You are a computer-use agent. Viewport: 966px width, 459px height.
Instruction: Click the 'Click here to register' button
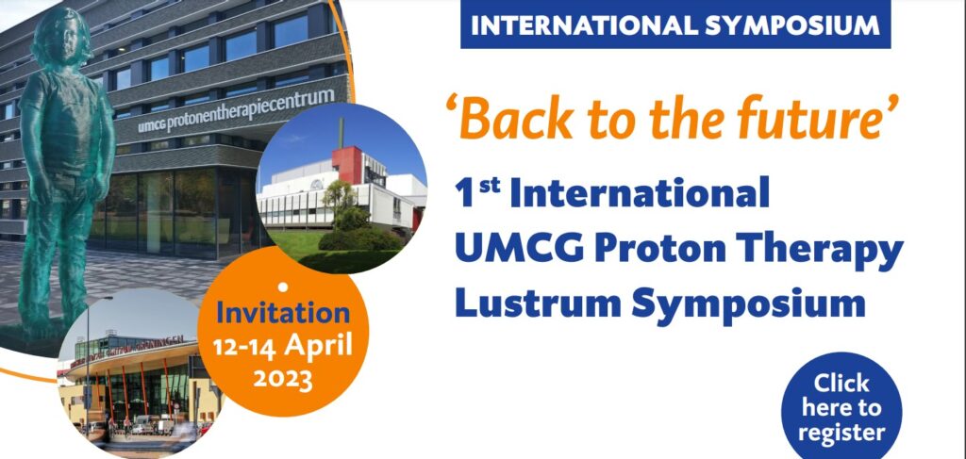[841, 407]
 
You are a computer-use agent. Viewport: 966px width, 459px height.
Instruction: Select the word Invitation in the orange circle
[283, 313]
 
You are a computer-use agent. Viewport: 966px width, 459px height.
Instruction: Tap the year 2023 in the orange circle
[283, 379]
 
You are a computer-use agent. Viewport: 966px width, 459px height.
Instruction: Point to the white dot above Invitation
[283, 287]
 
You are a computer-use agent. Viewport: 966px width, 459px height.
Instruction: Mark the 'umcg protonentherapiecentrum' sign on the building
[237, 111]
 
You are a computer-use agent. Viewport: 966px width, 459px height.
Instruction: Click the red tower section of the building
[347, 165]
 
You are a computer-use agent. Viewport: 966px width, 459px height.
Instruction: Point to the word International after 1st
[640, 193]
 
